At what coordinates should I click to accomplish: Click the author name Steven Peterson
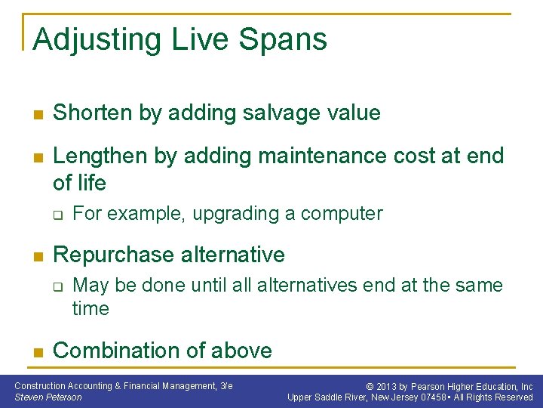(x=48, y=397)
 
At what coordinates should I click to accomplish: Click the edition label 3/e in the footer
(x=226, y=386)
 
